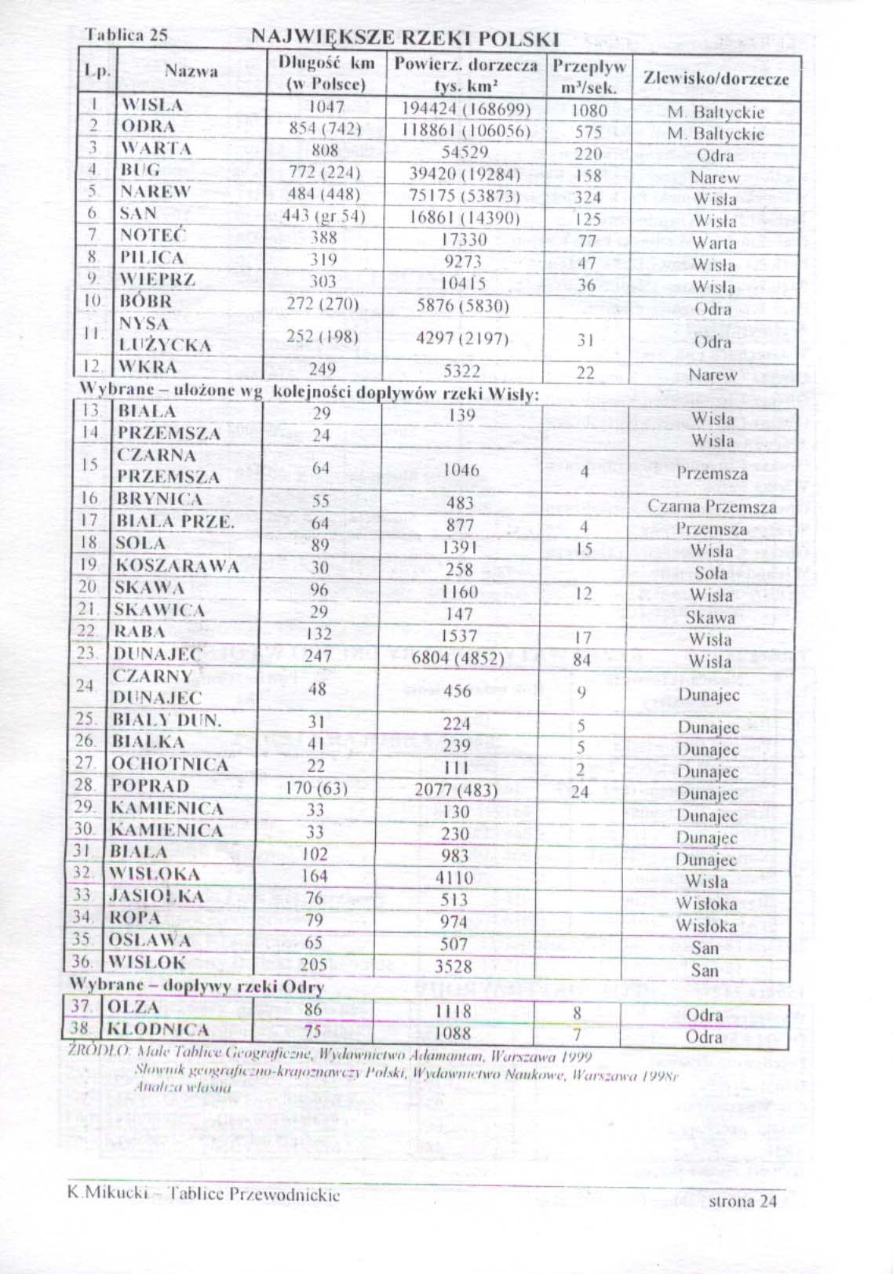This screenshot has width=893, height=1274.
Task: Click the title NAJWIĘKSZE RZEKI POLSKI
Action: [x=405, y=39]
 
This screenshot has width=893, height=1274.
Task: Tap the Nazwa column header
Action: [x=191, y=71]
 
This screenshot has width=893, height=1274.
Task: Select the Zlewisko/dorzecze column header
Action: [x=716, y=78]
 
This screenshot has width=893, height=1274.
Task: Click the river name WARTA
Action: [x=155, y=148]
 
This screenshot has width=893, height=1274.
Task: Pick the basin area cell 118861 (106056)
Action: [x=466, y=130]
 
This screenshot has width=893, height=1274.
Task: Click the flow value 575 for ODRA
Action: [x=588, y=132]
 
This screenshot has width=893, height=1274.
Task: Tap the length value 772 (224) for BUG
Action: [x=324, y=173]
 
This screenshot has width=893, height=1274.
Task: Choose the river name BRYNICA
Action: [x=159, y=499]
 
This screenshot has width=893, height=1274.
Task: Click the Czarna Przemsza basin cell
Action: [x=712, y=507]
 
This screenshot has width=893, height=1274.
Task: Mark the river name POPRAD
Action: [x=150, y=786]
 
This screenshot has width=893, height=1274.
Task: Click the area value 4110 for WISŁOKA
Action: [x=454, y=878]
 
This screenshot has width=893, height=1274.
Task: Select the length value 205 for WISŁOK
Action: [x=313, y=964]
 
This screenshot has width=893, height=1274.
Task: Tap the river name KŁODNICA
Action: [x=158, y=1029]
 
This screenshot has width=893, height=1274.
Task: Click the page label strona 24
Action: [x=742, y=1201]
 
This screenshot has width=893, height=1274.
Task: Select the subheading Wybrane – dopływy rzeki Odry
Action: [x=196, y=986]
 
